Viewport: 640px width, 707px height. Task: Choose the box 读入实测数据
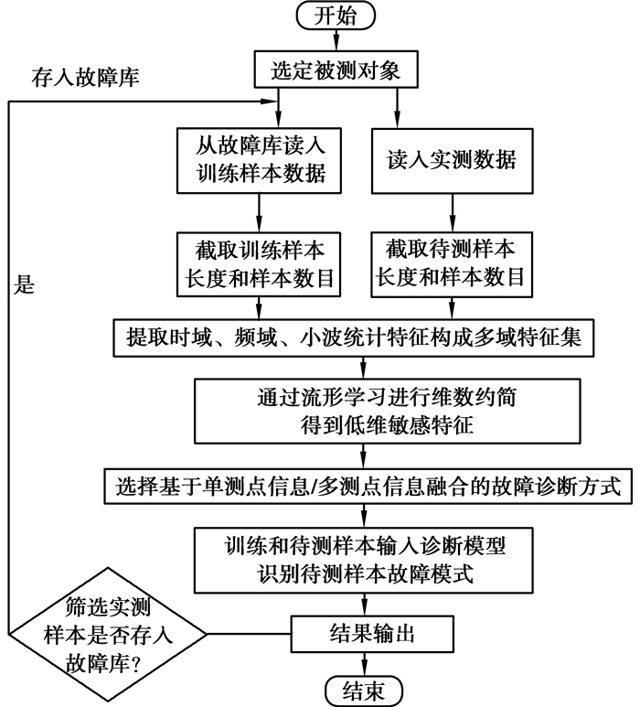coord(453,159)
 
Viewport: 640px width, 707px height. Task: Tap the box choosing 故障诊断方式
coord(366,485)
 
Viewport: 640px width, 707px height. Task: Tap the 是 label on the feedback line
coord(25,284)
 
